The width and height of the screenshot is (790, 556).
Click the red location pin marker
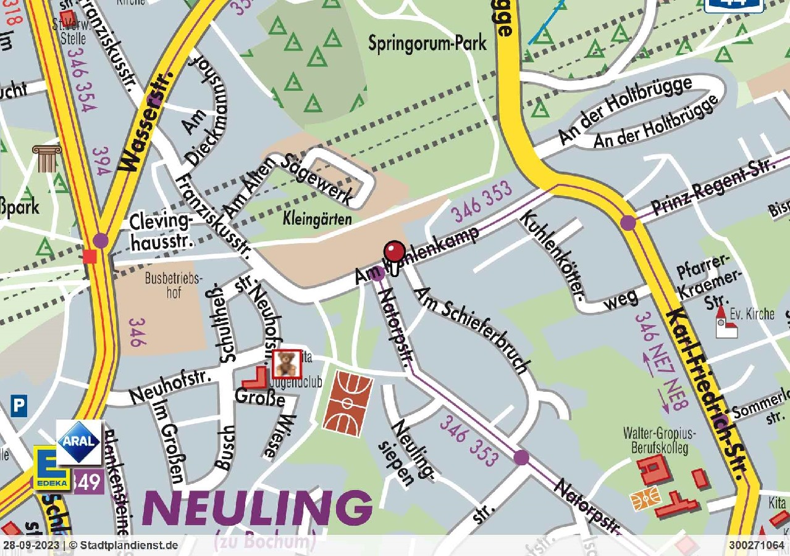click(395, 252)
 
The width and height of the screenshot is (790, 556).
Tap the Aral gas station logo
click(79, 442)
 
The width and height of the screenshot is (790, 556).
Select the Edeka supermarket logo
click(51, 469)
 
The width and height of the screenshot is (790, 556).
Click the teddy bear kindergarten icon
click(287, 363)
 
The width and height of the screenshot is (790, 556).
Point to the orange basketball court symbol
click(348, 404)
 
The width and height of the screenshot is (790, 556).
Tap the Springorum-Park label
click(427, 43)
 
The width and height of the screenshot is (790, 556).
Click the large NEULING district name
click(258, 510)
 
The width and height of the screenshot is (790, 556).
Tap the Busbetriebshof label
click(174, 284)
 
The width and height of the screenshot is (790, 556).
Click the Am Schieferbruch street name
click(473, 331)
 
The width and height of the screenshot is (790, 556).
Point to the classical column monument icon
click(45, 159)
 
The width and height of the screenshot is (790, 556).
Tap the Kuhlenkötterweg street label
click(568, 265)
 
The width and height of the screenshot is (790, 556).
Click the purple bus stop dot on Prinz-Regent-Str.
click(628, 223)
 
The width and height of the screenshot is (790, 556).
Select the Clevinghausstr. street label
click(160, 231)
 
